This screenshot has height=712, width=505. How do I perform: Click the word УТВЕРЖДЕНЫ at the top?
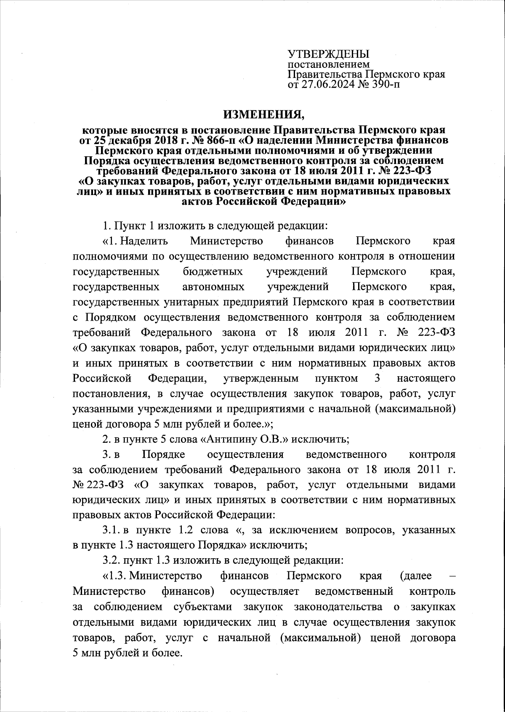328,54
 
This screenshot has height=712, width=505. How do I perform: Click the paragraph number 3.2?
112,560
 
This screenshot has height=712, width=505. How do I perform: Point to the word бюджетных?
213,271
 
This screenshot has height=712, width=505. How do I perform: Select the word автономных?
213,287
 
